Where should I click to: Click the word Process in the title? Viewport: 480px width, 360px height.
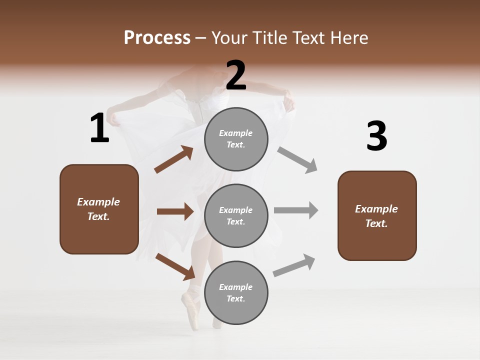click(x=157, y=37)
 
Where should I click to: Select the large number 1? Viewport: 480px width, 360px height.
click(x=99, y=128)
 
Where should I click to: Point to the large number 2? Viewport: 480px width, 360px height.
click(x=236, y=75)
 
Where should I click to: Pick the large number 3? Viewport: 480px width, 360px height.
click(x=376, y=136)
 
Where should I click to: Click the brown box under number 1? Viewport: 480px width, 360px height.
click(x=99, y=209)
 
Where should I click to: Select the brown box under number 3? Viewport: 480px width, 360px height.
click(x=377, y=216)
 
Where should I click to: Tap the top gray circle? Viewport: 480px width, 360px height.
click(x=236, y=138)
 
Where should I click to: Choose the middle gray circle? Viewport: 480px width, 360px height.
click(x=236, y=215)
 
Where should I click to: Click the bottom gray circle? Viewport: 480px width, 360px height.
click(x=236, y=292)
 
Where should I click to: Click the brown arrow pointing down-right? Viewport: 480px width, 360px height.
click(x=175, y=266)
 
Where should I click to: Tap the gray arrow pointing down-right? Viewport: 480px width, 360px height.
click(x=297, y=160)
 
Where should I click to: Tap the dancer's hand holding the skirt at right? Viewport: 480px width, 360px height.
click(x=289, y=102)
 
